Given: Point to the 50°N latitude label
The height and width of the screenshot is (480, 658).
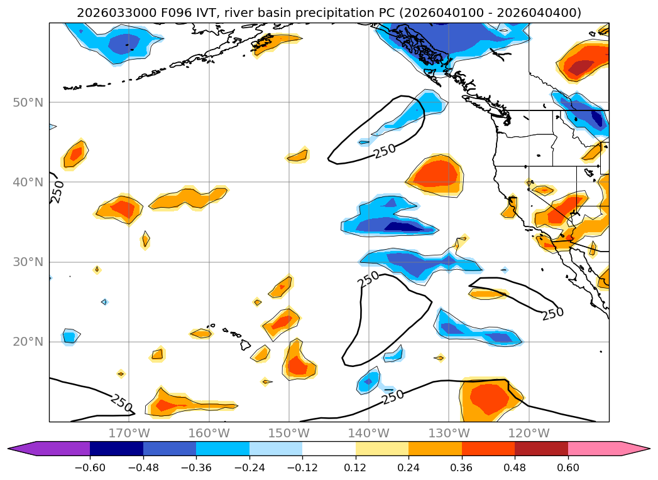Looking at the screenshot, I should click(28, 102).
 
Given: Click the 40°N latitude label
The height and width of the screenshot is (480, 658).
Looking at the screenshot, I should click(28, 182).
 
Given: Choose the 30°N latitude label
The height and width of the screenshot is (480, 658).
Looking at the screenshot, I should click(28, 262).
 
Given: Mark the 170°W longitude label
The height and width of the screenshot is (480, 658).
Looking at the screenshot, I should click(129, 433).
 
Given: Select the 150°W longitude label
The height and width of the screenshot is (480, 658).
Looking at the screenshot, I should click(288, 433).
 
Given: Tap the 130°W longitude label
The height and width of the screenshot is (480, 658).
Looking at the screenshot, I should click(449, 433).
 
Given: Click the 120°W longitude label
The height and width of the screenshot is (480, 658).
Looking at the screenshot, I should click(529, 433).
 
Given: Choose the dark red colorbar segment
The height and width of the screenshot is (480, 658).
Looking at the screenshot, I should click(541, 448).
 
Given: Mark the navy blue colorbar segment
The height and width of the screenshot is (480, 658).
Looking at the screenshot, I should click(116, 448).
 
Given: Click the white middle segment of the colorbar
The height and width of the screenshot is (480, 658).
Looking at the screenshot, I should click(329, 448).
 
